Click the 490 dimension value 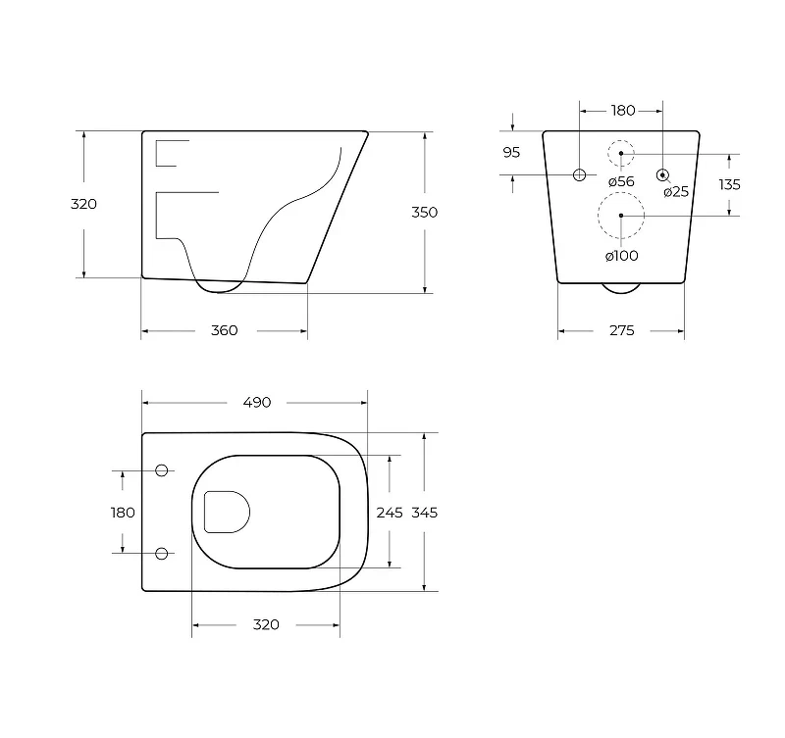click(257, 403)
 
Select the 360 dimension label click(225, 330)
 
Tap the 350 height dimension click(425, 213)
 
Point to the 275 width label click(622, 330)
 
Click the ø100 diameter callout click(622, 256)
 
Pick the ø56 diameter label click(621, 181)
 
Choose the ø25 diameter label click(676, 191)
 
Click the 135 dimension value click(729, 185)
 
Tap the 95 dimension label click(511, 153)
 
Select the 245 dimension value click(390, 513)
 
